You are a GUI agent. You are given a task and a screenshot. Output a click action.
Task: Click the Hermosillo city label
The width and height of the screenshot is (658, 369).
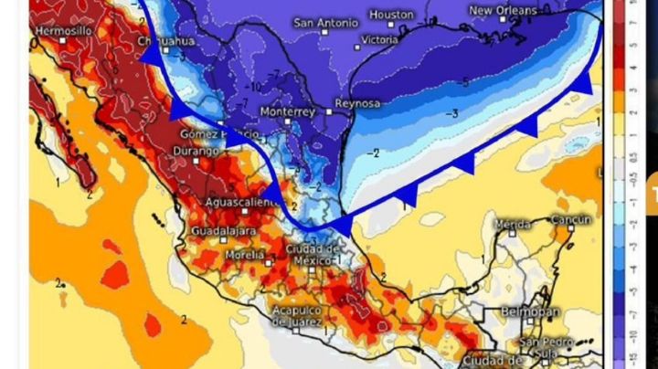tap(63, 31)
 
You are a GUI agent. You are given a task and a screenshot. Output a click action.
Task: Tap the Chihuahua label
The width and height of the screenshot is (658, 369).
tap(168, 41)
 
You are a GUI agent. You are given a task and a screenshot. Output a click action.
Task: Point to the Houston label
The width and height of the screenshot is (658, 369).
tap(392, 15)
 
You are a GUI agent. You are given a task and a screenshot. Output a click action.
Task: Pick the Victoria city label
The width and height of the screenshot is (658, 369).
tap(380, 40)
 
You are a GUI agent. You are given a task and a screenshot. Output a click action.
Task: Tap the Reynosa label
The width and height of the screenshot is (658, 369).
tap(357, 103)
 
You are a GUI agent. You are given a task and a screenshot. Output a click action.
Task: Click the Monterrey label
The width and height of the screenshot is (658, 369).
tap(287, 111)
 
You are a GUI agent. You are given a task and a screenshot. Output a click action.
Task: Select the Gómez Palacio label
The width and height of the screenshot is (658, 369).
tap(208, 134)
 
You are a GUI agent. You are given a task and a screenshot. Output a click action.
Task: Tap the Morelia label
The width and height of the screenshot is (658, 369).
tap(245, 255)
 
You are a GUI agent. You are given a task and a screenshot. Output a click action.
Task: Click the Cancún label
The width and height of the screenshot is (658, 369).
tap(571, 219)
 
